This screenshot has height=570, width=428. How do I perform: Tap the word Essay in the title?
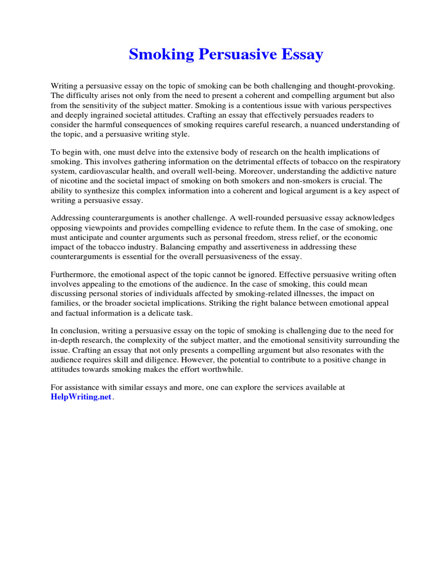point(301,55)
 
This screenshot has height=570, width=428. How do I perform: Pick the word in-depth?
point(69,340)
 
